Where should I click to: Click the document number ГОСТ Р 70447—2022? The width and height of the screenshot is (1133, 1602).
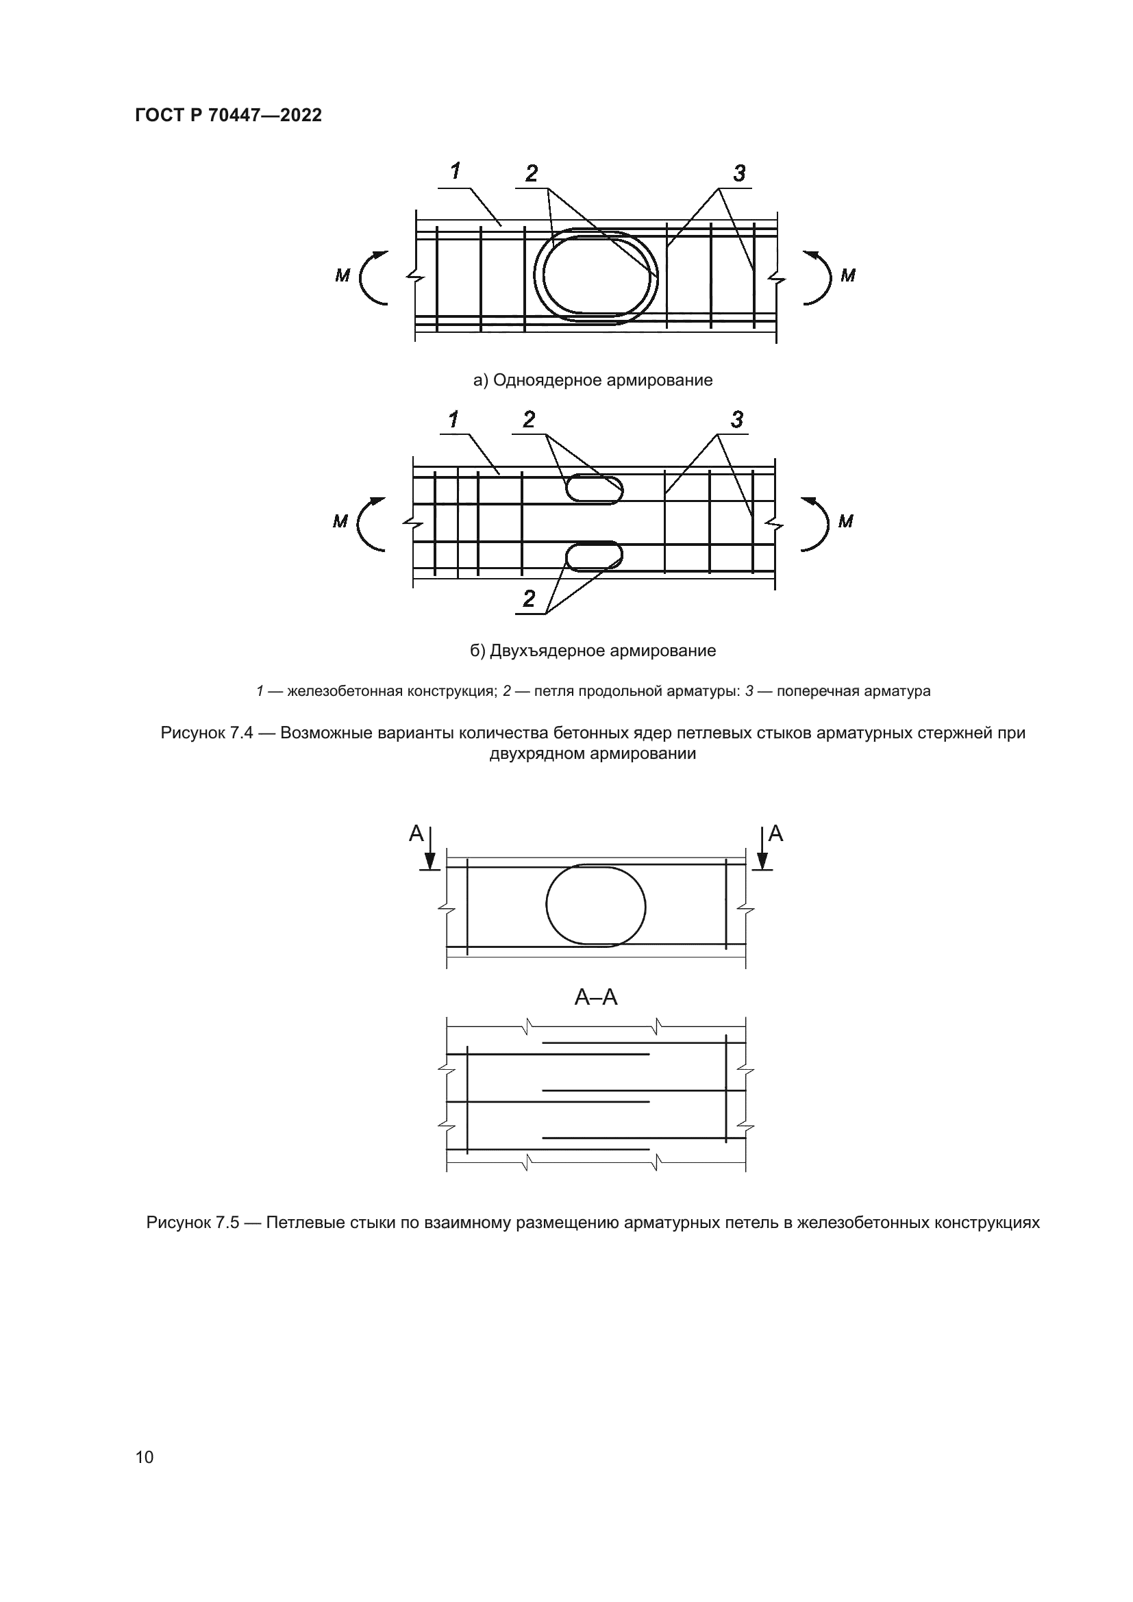pos(228,116)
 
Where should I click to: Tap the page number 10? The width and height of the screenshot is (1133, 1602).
pos(145,1457)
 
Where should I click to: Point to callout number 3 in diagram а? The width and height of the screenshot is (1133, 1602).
pos(740,173)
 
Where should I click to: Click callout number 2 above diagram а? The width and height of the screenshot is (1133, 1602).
pos(532,173)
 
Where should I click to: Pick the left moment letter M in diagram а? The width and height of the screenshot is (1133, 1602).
pos(342,276)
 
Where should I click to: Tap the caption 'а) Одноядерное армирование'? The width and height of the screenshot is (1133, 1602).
pos(593,380)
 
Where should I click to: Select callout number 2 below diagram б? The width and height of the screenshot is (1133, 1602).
pos(529,599)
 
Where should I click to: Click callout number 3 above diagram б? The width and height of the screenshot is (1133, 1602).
pos(737,419)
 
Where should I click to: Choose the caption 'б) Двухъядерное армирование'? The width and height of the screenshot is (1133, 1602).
pos(593,651)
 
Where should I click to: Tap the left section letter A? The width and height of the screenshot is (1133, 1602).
pos(416,833)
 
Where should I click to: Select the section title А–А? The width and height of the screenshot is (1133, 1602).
pos(596,998)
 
